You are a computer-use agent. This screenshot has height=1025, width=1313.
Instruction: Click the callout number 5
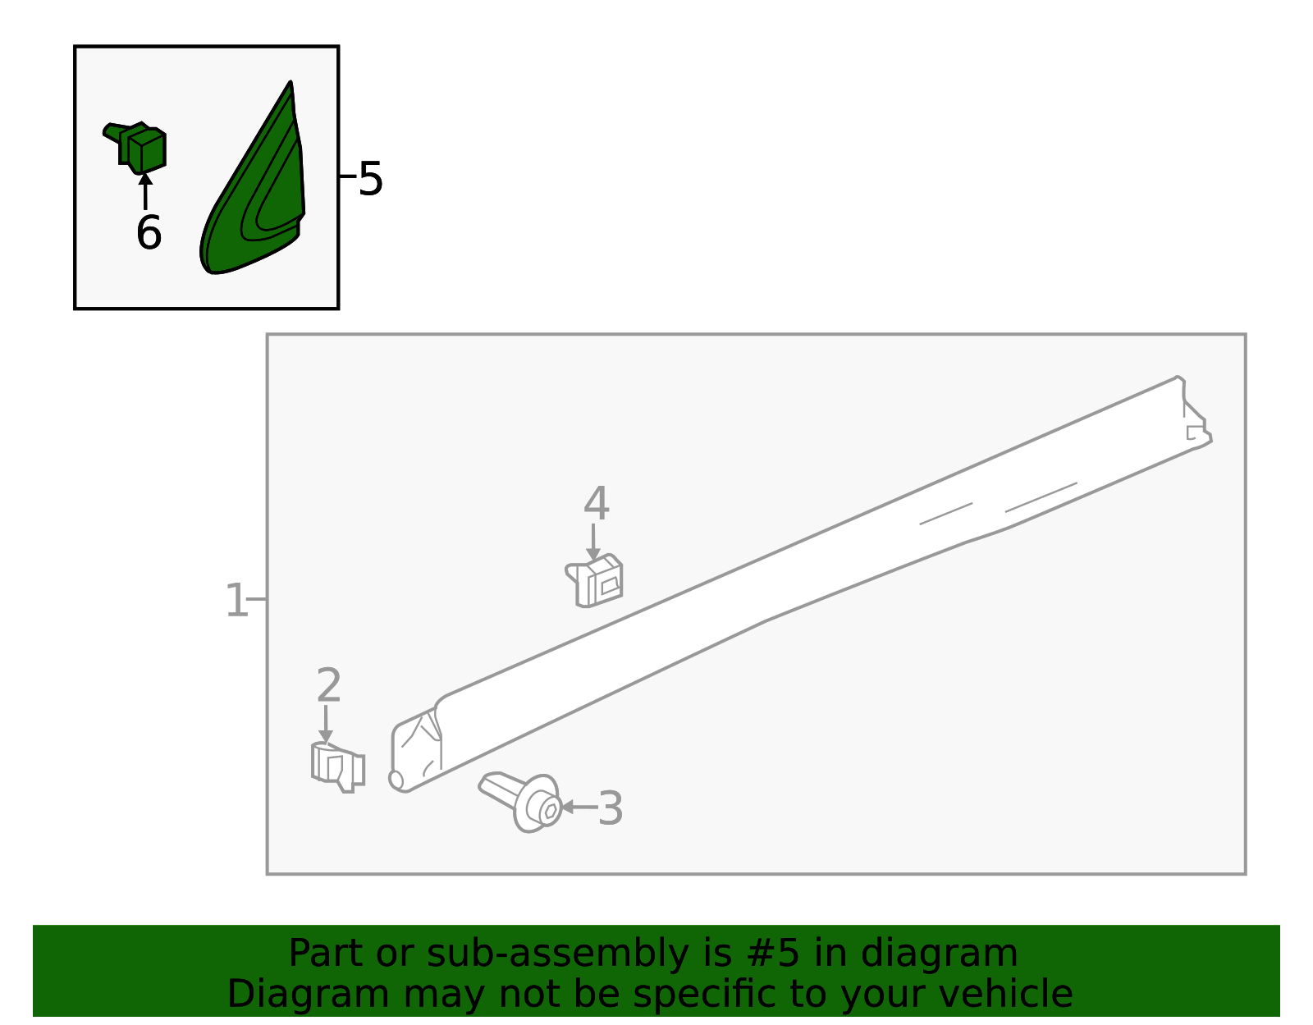370,179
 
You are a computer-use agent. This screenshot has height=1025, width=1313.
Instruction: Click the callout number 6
149,232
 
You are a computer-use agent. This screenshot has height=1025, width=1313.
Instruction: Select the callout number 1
236,601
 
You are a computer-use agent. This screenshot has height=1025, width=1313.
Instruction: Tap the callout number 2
329,685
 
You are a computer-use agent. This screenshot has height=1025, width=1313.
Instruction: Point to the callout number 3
610,808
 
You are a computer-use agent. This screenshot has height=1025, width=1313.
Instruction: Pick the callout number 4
597,503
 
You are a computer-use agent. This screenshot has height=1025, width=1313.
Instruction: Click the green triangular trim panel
253,181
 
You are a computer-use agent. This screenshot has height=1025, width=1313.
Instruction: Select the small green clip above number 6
136,148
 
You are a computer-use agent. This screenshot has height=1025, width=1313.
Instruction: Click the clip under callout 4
595,580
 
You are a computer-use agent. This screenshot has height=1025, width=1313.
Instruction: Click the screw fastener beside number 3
521,801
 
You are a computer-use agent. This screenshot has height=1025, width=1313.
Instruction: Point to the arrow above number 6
145,191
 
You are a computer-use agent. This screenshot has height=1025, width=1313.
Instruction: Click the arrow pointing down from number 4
593,542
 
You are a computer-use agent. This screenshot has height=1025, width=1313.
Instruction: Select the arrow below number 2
326,724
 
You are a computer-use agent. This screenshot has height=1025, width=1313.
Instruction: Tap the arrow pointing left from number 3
579,807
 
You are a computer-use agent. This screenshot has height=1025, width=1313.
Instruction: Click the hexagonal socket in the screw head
551,811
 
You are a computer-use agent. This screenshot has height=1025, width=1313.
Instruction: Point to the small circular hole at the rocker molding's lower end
396,780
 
